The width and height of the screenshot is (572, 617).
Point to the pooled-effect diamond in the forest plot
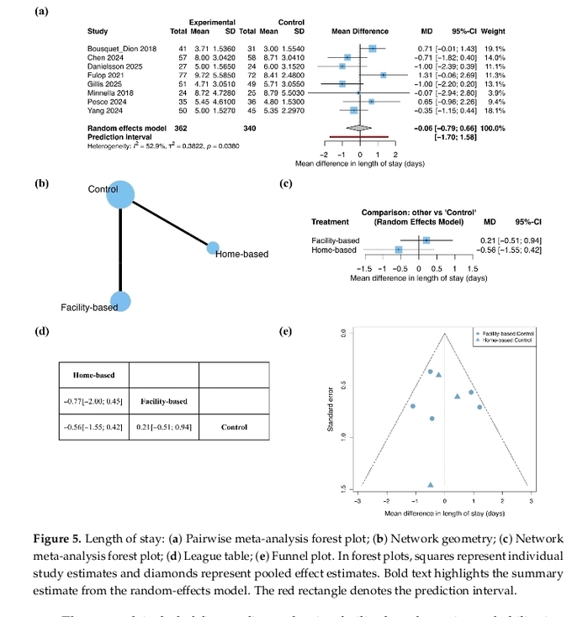pyautogui.click(x=359, y=127)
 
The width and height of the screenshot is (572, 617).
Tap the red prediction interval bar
pyautogui.click(x=360, y=135)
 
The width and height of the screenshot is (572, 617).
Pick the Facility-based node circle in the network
pyautogui.click(x=120, y=301)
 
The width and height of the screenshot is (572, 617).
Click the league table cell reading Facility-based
pyautogui.click(x=163, y=401)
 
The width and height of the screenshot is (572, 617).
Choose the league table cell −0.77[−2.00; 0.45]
pyautogui.click(x=93, y=401)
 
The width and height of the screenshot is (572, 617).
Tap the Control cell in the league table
pyautogui.click(x=234, y=427)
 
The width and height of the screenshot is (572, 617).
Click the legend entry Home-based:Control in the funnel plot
pyautogui.click(x=505, y=340)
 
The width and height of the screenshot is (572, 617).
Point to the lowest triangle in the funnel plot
pyautogui.click(x=431, y=485)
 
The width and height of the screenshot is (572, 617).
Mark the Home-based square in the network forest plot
pyautogui.click(x=399, y=250)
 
